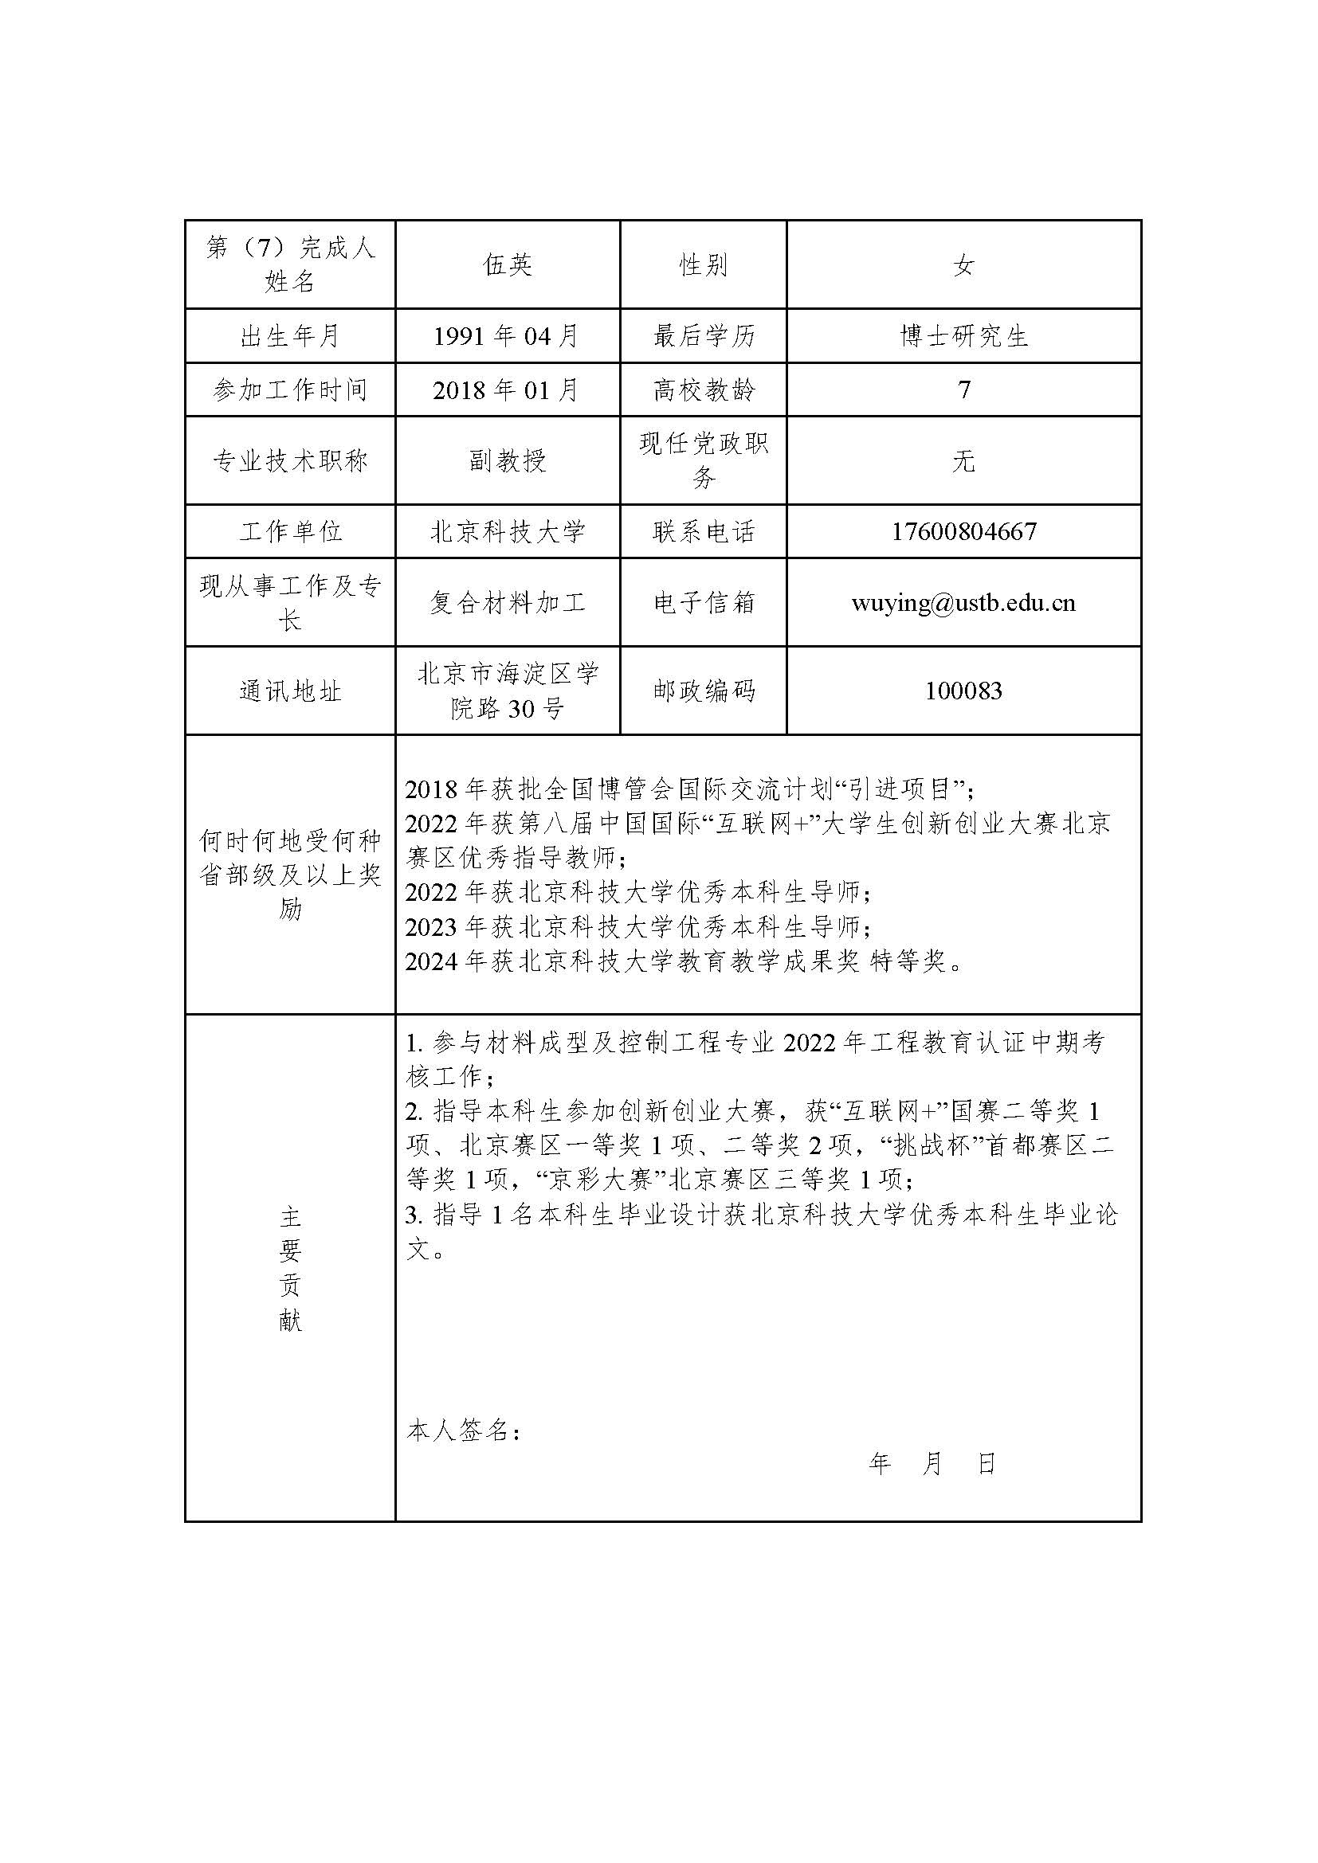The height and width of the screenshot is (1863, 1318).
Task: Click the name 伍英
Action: pyautogui.click(x=508, y=265)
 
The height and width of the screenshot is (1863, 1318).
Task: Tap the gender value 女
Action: pyautogui.click(x=963, y=265)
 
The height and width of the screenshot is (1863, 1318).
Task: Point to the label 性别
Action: pyautogui.click(x=703, y=265)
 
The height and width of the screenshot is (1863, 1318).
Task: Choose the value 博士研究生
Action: pyautogui.click(x=963, y=336)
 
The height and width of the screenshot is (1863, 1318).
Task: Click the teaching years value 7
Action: pyautogui.click(x=963, y=390)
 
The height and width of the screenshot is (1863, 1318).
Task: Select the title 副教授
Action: pyautogui.click(x=508, y=461)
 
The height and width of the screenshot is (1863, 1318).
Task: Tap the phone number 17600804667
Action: pyautogui.click(x=963, y=531)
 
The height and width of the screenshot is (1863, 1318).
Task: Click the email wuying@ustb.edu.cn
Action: pyautogui.click(x=963, y=603)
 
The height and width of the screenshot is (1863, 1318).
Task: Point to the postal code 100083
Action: pyautogui.click(x=963, y=691)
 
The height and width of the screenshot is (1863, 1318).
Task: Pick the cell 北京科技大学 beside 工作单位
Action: pyautogui.click(x=508, y=531)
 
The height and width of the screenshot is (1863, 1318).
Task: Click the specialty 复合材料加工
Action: pyautogui.click(x=508, y=603)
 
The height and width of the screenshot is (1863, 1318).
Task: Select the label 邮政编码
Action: pyautogui.click(x=703, y=691)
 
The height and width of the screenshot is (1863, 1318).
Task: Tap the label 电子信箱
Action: pyautogui.click(x=703, y=603)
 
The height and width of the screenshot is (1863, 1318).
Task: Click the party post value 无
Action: pyautogui.click(x=963, y=461)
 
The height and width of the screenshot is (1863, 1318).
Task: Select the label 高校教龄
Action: pyautogui.click(x=703, y=390)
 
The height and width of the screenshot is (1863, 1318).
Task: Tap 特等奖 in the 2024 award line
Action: pyautogui.click(x=909, y=961)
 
